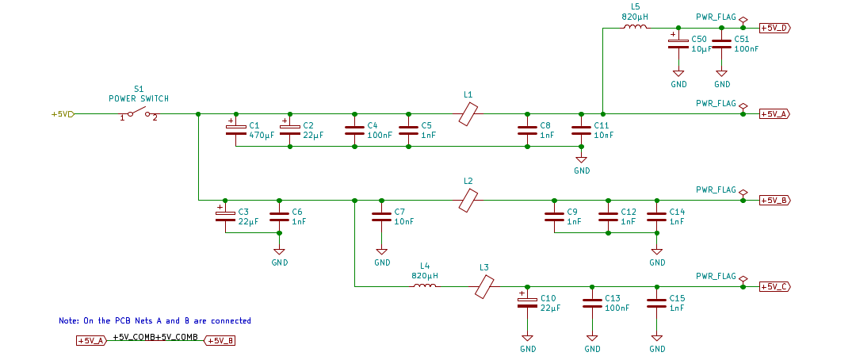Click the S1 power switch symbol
(x=139, y=113)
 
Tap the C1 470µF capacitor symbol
(x=236, y=130)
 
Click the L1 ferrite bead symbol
(x=468, y=115)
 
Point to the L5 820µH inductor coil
(x=635, y=28)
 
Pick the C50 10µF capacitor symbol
(x=678, y=44)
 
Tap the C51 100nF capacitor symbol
(x=722, y=44)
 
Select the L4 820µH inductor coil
(x=425, y=286)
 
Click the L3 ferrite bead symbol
(x=484, y=286)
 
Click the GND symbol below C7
(x=382, y=251)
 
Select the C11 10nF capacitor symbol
(x=581, y=130)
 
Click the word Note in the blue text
(x=68, y=321)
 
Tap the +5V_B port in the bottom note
(x=220, y=341)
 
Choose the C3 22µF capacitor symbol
(x=225, y=216)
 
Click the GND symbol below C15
(x=656, y=337)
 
